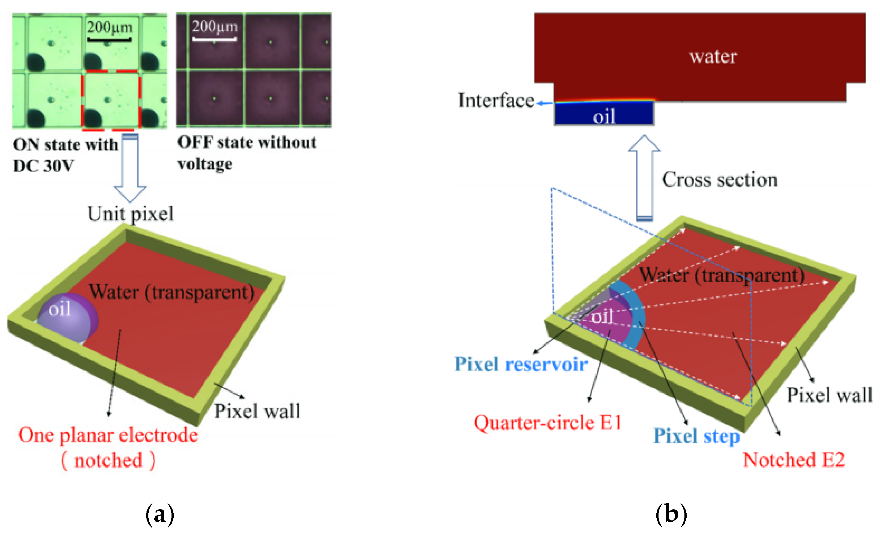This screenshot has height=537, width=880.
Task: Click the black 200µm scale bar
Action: [x=109, y=39]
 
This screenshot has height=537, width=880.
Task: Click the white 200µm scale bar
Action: [x=214, y=38]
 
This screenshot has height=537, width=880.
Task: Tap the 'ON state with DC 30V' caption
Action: [x=65, y=155]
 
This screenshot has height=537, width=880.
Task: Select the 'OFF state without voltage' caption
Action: [x=247, y=153]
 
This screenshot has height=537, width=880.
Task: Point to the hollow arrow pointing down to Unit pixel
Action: [x=130, y=168]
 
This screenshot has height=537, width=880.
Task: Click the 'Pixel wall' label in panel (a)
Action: [x=257, y=411]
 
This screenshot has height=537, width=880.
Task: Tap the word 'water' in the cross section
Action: [x=713, y=57]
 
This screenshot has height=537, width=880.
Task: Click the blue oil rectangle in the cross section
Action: [x=604, y=113]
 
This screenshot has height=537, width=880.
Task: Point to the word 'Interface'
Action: [x=496, y=100]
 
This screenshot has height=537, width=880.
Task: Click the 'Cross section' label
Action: [x=720, y=180]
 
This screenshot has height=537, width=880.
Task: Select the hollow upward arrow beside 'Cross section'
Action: [x=644, y=178]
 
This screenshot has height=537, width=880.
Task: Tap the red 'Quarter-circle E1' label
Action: [x=548, y=423]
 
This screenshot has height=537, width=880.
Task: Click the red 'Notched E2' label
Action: [x=794, y=460]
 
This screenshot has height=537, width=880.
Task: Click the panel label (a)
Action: [x=160, y=515]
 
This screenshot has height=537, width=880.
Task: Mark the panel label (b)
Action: [x=671, y=515]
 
